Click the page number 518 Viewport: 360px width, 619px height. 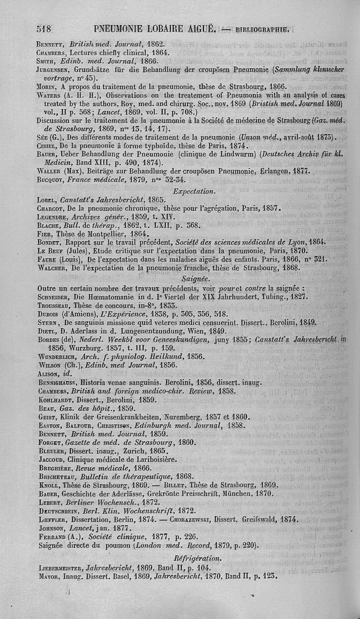click(45, 30)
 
